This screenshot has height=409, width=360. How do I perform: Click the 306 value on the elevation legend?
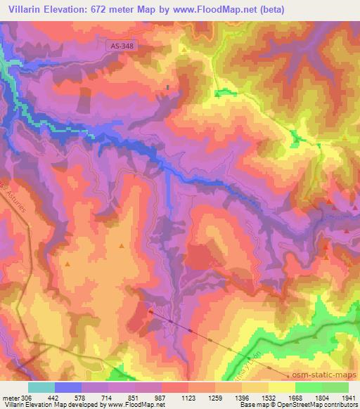click(x=27, y=397)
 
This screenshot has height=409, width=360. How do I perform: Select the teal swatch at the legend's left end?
click(x=41, y=387)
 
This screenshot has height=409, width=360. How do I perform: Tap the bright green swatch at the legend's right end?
click(x=335, y=387)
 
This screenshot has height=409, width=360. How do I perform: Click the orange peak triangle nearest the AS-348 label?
click(x=184, y=51)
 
